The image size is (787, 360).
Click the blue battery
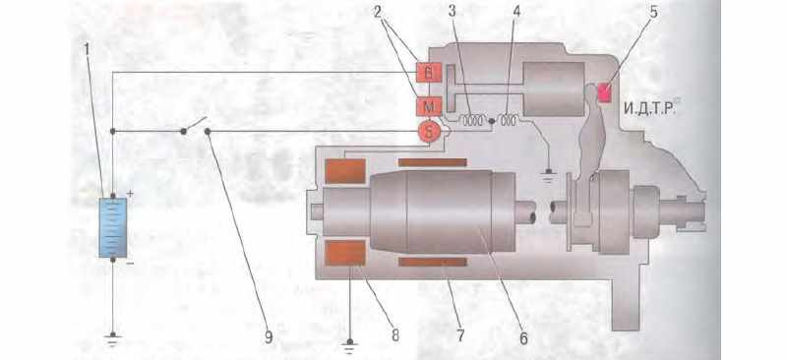pos(113,227)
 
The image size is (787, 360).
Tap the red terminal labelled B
pos(429,74)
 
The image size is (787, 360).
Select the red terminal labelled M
pos(429,106)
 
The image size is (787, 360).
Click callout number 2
pos(378,11)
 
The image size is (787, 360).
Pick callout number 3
pos(453,11)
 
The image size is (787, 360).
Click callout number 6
pos(523,339)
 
